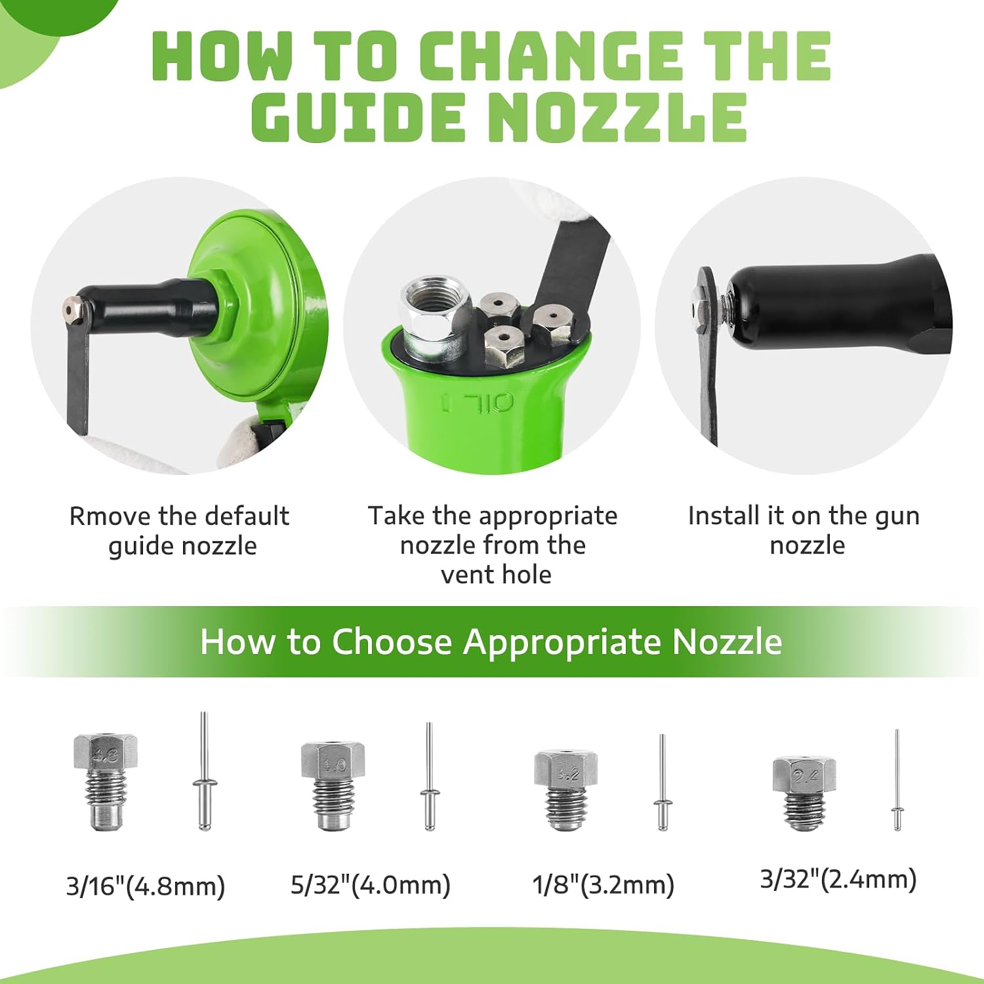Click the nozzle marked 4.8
[105, 781]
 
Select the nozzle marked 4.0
[333, 786]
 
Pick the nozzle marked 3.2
[565, 790]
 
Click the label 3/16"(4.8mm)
[146, 886]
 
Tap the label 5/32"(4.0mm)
[371, 885]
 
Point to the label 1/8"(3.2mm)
[604, 885]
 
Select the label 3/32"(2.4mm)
[838, 880]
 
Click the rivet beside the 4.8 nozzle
[204, 771]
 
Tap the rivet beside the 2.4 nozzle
[897, 780]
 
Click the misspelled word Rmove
[109, 516]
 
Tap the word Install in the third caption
[726, 516]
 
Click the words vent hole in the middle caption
[496, 575]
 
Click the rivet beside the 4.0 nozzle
[430, 777]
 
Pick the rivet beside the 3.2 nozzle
[662, 783]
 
